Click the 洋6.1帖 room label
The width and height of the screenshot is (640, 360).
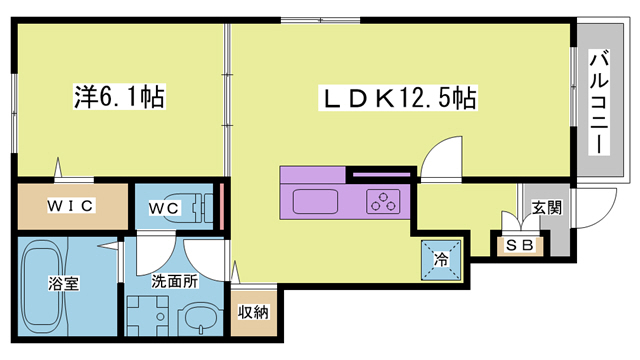click(119, 99)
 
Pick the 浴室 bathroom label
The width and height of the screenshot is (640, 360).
click(64, 283)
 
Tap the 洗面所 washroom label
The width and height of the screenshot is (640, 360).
click(175, 281)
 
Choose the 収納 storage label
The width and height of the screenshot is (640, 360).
click(254, 312)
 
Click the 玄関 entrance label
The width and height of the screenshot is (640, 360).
click(546, 208)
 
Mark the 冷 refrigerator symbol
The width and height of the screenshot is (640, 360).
click(441, 259)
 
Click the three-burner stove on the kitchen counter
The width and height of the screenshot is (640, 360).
click(383, 200)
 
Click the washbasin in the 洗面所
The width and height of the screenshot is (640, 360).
click(197, 322)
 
